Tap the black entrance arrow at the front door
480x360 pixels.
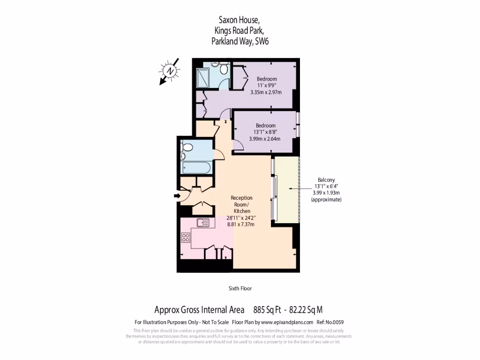click(x=177, y=195)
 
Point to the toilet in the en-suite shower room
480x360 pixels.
click(x=224, y=69)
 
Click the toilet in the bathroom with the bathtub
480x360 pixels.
click(x=187, y=147)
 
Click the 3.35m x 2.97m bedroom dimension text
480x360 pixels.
click(x=266, y=92)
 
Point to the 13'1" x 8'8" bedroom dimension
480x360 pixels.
click(x=265, y=132)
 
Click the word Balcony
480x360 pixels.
click(x=326, y=180)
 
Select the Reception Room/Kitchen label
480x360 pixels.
click(x=241, y=204)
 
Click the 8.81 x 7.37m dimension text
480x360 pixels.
click(x=241, y=225)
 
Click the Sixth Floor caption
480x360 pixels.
click(x=240, y=288)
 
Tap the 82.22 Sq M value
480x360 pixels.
click(x=306, y=309)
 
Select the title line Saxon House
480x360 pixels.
click(x=239, y=20)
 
